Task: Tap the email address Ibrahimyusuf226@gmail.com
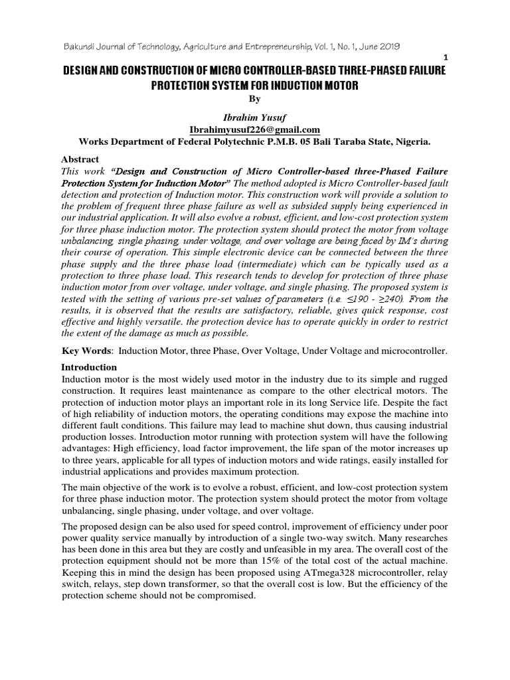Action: pyautogui.click(x=254, y=129)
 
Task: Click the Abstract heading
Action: pyautogui.click(x=80, y=159)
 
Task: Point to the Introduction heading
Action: pyautogui.click(x=89, y=367)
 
